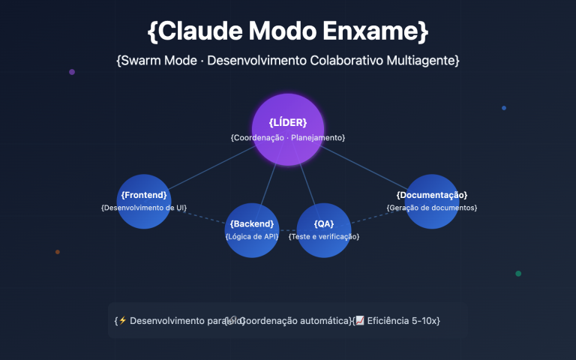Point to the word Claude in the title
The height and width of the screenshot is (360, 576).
point(199,31)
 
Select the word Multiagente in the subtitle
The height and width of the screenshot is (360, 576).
point(421,60)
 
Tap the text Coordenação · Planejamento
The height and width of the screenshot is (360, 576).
point(288,138)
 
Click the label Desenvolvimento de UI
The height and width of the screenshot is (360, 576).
point(144,207)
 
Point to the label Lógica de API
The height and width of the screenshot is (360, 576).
point(252,236)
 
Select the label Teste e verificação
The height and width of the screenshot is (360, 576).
point(324,236)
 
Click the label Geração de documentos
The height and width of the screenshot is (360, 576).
point(432,207)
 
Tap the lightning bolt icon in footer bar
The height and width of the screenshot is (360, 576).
point(123,320)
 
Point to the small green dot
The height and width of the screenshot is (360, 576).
point(518,274)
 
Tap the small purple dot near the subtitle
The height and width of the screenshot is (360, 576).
point(72,72)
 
